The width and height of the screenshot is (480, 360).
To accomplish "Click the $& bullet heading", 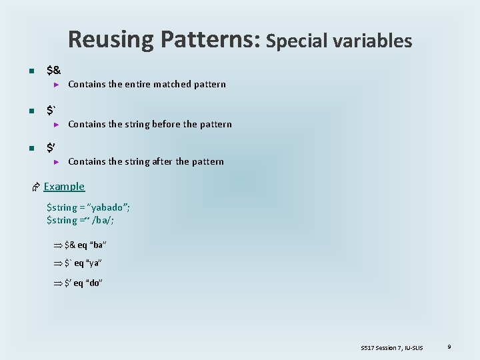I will (54, 69).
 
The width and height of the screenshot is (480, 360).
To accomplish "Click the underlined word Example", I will (64, 187).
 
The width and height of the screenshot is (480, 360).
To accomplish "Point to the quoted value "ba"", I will (98, 245).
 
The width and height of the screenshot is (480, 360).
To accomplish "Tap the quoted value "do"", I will (95, 283).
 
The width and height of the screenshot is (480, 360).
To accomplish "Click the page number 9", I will (449, 347).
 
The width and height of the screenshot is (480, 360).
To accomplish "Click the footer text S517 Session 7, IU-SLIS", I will (391, 348).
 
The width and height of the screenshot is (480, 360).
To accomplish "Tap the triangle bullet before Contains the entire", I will (57, 85).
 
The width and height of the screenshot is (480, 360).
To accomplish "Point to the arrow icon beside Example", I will (36, 187).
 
